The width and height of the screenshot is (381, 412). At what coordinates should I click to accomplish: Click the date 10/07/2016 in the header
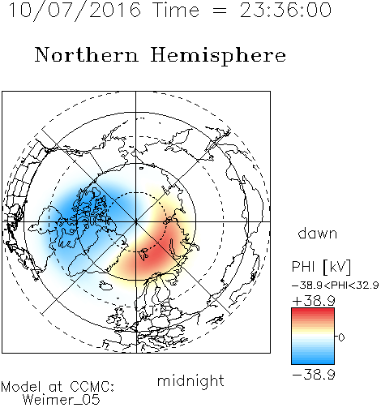tap(75, 11)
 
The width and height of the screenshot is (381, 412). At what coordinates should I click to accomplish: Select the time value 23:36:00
tap(285, 10)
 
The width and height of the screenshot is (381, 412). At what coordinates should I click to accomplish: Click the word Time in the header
tap(176, 10)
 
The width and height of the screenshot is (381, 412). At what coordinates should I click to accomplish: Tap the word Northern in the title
tap(87, 55)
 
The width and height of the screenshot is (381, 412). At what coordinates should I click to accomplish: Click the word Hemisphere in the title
tap(218, 56)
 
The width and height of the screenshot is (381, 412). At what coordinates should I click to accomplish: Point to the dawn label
tap(318, 233)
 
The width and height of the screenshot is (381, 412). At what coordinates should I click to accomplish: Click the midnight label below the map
tap(190, 380)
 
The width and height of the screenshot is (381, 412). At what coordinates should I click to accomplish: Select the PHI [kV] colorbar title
tap(321, 267)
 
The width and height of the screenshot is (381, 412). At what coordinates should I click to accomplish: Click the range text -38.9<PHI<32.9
tap(336, 285)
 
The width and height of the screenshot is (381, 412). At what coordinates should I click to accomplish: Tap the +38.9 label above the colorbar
tap(314, 301)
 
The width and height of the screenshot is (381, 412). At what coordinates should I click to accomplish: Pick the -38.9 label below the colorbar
tap(314, 375)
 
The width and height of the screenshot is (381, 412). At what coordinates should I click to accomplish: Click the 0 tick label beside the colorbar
tap(341, 337)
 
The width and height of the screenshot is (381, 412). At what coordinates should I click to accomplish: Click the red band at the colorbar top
tap(313, 311)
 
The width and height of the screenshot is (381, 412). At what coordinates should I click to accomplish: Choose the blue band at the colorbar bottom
tap(313, 361)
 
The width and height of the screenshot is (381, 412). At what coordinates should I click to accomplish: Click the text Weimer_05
tap(62, 400)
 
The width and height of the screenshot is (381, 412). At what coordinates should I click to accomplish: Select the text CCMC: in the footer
tap(92, 387)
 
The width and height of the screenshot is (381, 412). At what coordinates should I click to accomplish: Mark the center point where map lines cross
tap(136, 221)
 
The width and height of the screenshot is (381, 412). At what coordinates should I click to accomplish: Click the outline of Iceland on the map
tap(105, 285)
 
